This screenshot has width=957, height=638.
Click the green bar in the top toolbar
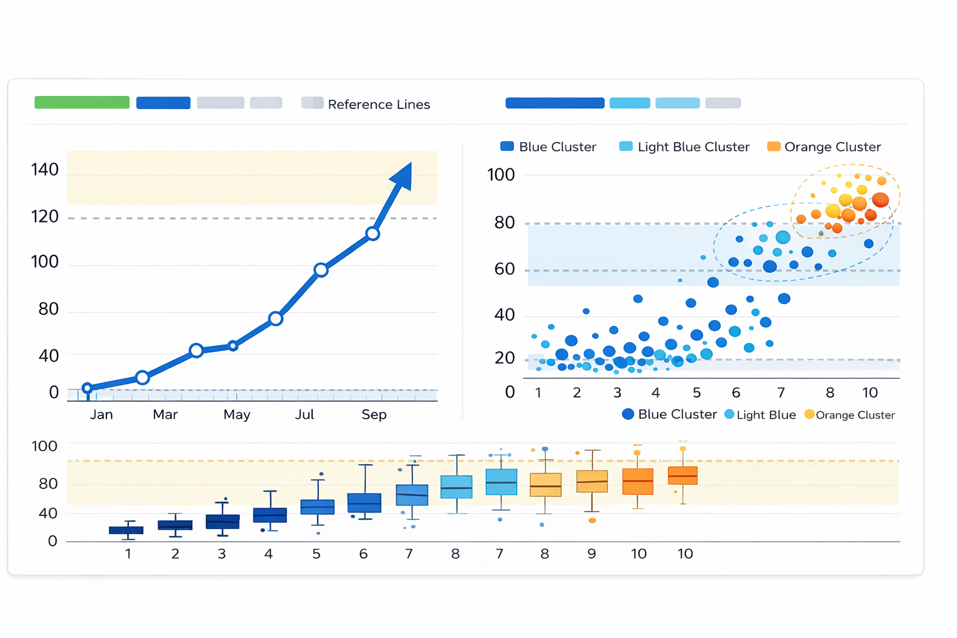82,103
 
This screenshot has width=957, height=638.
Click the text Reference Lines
379,105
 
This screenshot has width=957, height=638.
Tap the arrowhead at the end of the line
402,176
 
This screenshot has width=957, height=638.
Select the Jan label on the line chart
101,414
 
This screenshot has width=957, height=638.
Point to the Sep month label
374,414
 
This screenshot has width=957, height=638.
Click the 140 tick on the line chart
45,169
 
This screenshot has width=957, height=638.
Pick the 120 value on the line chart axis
45,217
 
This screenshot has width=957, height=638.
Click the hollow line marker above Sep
373,234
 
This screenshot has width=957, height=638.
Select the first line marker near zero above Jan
87,388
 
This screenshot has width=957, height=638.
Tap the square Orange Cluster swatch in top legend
773,146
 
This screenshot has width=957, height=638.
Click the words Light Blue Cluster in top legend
693,147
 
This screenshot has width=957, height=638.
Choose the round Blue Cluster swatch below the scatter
628,414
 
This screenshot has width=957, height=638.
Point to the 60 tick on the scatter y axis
505,269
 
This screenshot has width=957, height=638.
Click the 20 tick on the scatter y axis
505,358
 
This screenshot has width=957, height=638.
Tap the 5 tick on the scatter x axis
697,393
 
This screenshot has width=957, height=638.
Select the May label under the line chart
237,414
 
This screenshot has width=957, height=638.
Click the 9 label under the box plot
591,553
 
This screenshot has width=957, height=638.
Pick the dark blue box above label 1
126,530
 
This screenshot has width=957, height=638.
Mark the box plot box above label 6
364,503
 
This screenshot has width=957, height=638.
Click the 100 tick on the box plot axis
44,446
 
